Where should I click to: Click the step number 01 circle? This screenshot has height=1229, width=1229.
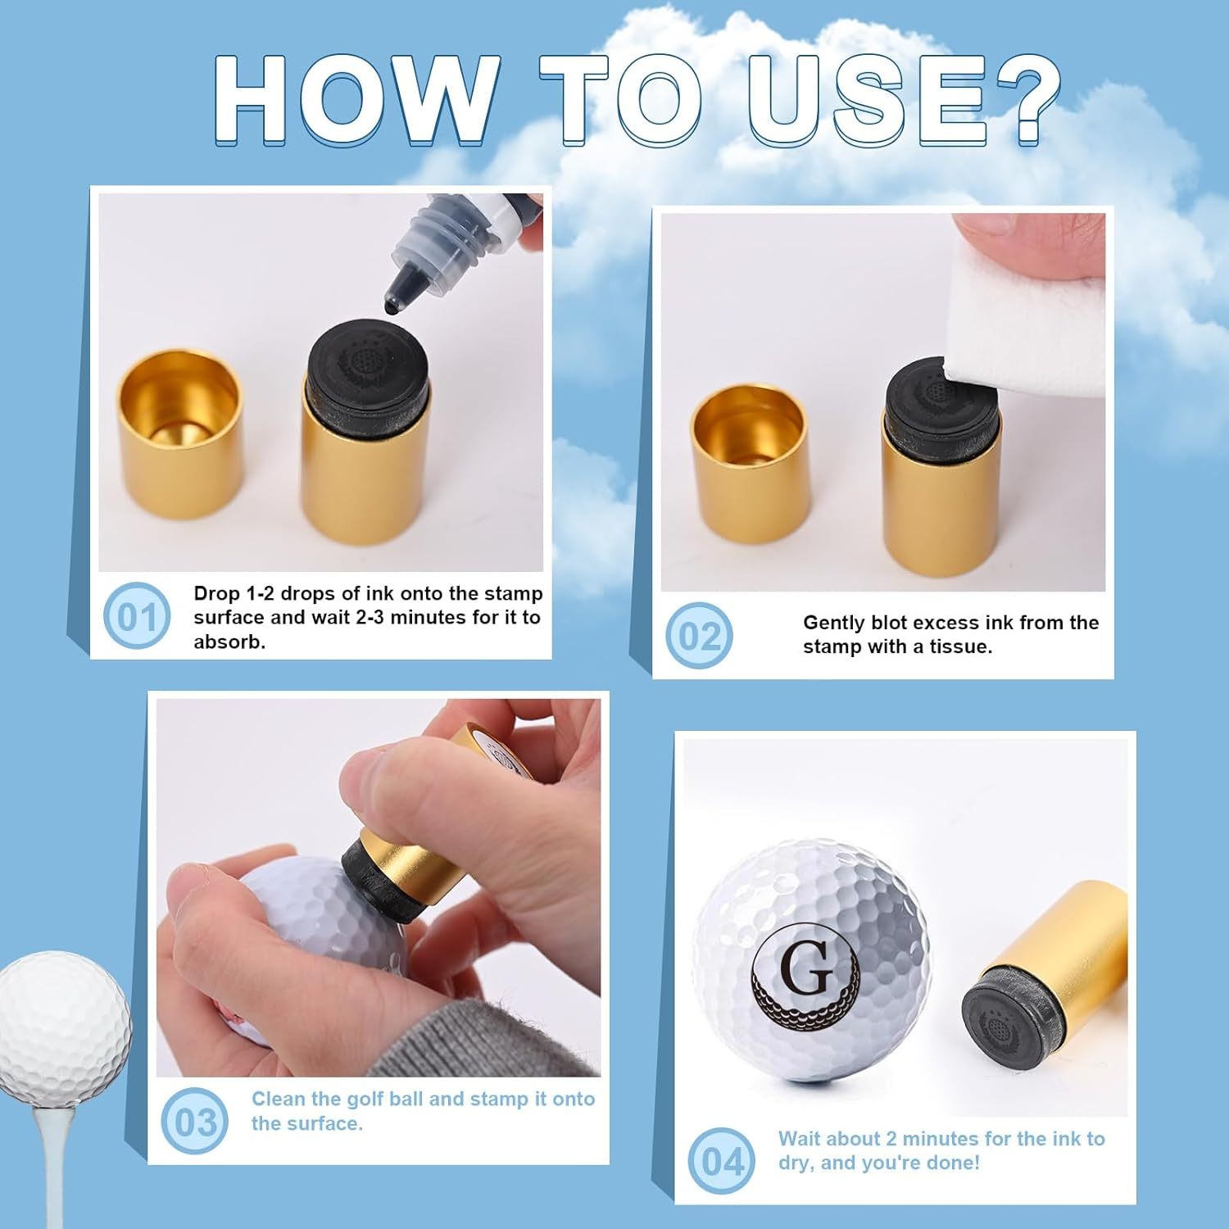(137, 615)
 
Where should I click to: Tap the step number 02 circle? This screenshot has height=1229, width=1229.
(700, 635)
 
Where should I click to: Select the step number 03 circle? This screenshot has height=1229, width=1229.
(195, 1121)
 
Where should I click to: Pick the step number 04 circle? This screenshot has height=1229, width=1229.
(722, 1160)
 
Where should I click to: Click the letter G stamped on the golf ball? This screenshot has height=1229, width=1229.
(807, 968)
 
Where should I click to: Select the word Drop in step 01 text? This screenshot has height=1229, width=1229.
(217, 594)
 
